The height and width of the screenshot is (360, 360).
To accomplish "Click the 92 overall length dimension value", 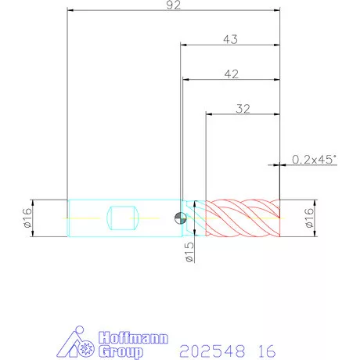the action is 174,5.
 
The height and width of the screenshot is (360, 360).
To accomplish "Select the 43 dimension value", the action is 231,39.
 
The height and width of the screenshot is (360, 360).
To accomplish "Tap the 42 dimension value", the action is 232,74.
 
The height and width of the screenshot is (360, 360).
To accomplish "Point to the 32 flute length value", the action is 243,109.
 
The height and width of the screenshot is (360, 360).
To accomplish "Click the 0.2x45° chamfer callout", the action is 314,160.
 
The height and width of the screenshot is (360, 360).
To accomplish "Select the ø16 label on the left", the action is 27,218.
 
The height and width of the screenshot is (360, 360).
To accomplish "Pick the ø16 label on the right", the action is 309,218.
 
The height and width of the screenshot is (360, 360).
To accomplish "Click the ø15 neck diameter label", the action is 189,252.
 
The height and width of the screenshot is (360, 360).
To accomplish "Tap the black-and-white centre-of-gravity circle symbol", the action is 180,218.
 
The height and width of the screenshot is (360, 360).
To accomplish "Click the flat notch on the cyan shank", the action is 123,218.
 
